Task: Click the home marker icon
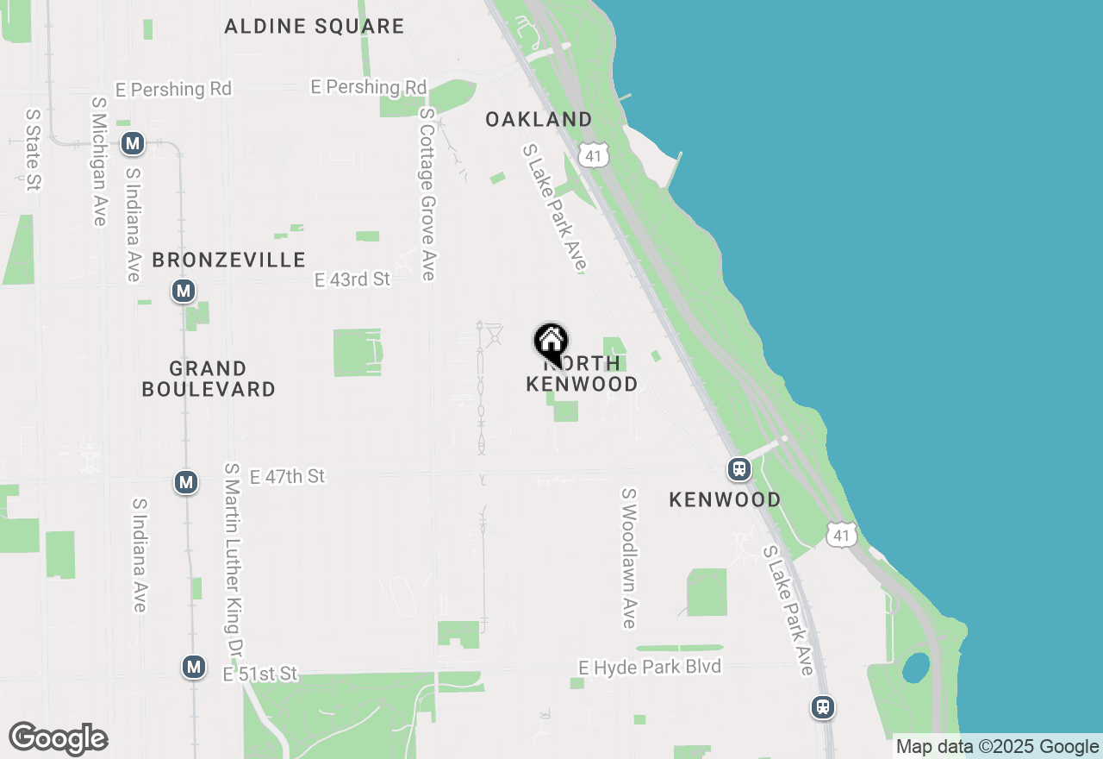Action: coord(551,342)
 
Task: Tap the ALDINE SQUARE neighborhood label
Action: coord(314,26)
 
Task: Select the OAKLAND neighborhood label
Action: coord(539,119)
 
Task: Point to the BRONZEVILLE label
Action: coord(228,260)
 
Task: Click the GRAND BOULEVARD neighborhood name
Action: coord(209,379)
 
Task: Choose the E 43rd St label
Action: coord(352,279)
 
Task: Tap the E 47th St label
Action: coord(287,476)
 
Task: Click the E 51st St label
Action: coord(260,674)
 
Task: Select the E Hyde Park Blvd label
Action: coord(650,667)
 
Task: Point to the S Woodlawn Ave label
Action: coord(629,558)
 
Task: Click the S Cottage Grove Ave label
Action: coord(428,194)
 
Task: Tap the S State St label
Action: coord(34,148)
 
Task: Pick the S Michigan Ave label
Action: coord(98,161)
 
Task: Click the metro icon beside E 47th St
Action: coord(186,481)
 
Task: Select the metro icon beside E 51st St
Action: coord(194,667)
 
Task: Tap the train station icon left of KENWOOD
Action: coord(738,469)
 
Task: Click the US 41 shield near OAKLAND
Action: coord(594,155)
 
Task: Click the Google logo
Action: coord(58,738)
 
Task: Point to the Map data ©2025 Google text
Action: coord(997,747)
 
